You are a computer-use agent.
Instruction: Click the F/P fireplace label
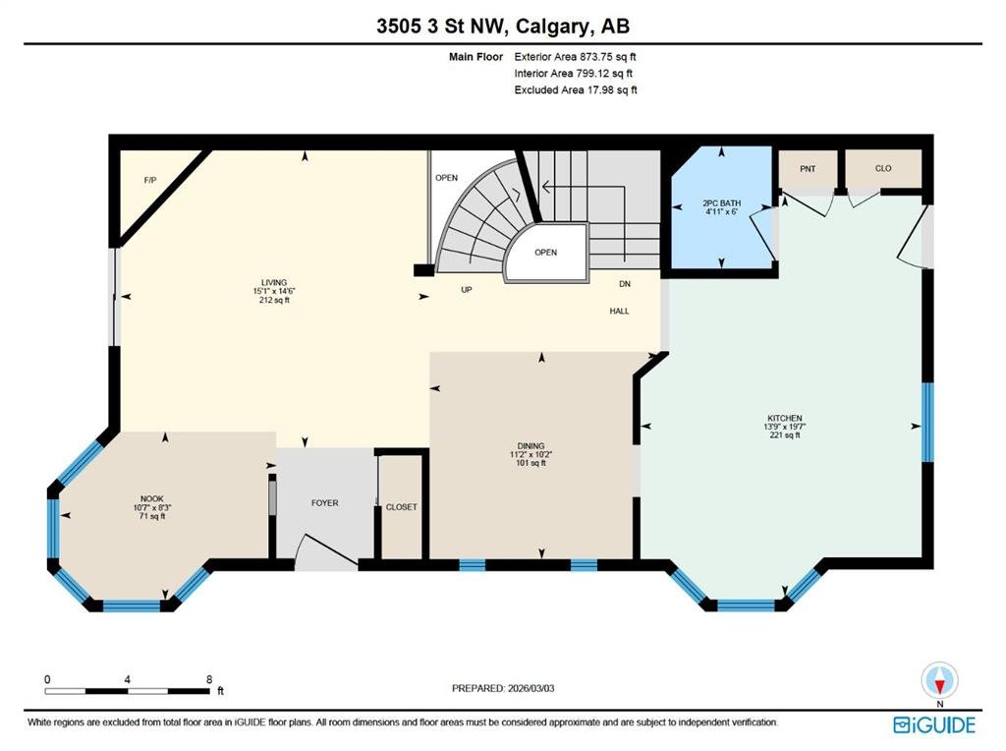[x=150, y=180]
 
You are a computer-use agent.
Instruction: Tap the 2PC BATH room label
[x=722, y=202]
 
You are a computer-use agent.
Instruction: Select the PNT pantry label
[x=808, y=169]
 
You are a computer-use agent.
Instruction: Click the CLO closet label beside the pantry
[x=883, y=168]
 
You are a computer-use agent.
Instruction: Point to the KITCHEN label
[x=785, y=418]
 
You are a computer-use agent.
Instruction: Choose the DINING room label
[x=531, y=446]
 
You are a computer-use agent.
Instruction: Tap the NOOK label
[x=152, y=498]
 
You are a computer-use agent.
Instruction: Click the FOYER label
[x=324, y=503]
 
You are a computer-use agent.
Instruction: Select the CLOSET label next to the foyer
[x=402, y=507]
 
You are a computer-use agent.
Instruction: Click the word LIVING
[x=274, y=282]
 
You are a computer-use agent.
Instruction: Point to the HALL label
[x=619, y=312]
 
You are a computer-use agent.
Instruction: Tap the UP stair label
[x=467, y=290]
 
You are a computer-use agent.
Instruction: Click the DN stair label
[x=625, y=284]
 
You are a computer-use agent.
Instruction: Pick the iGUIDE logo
[x=934, y=725]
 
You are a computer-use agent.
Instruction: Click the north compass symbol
[x=940, y=681]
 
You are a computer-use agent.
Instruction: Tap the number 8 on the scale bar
[x=209, y=679]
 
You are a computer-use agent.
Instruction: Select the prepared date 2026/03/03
[x=531, y=688]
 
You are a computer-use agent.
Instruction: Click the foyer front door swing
[x=328, y=550]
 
